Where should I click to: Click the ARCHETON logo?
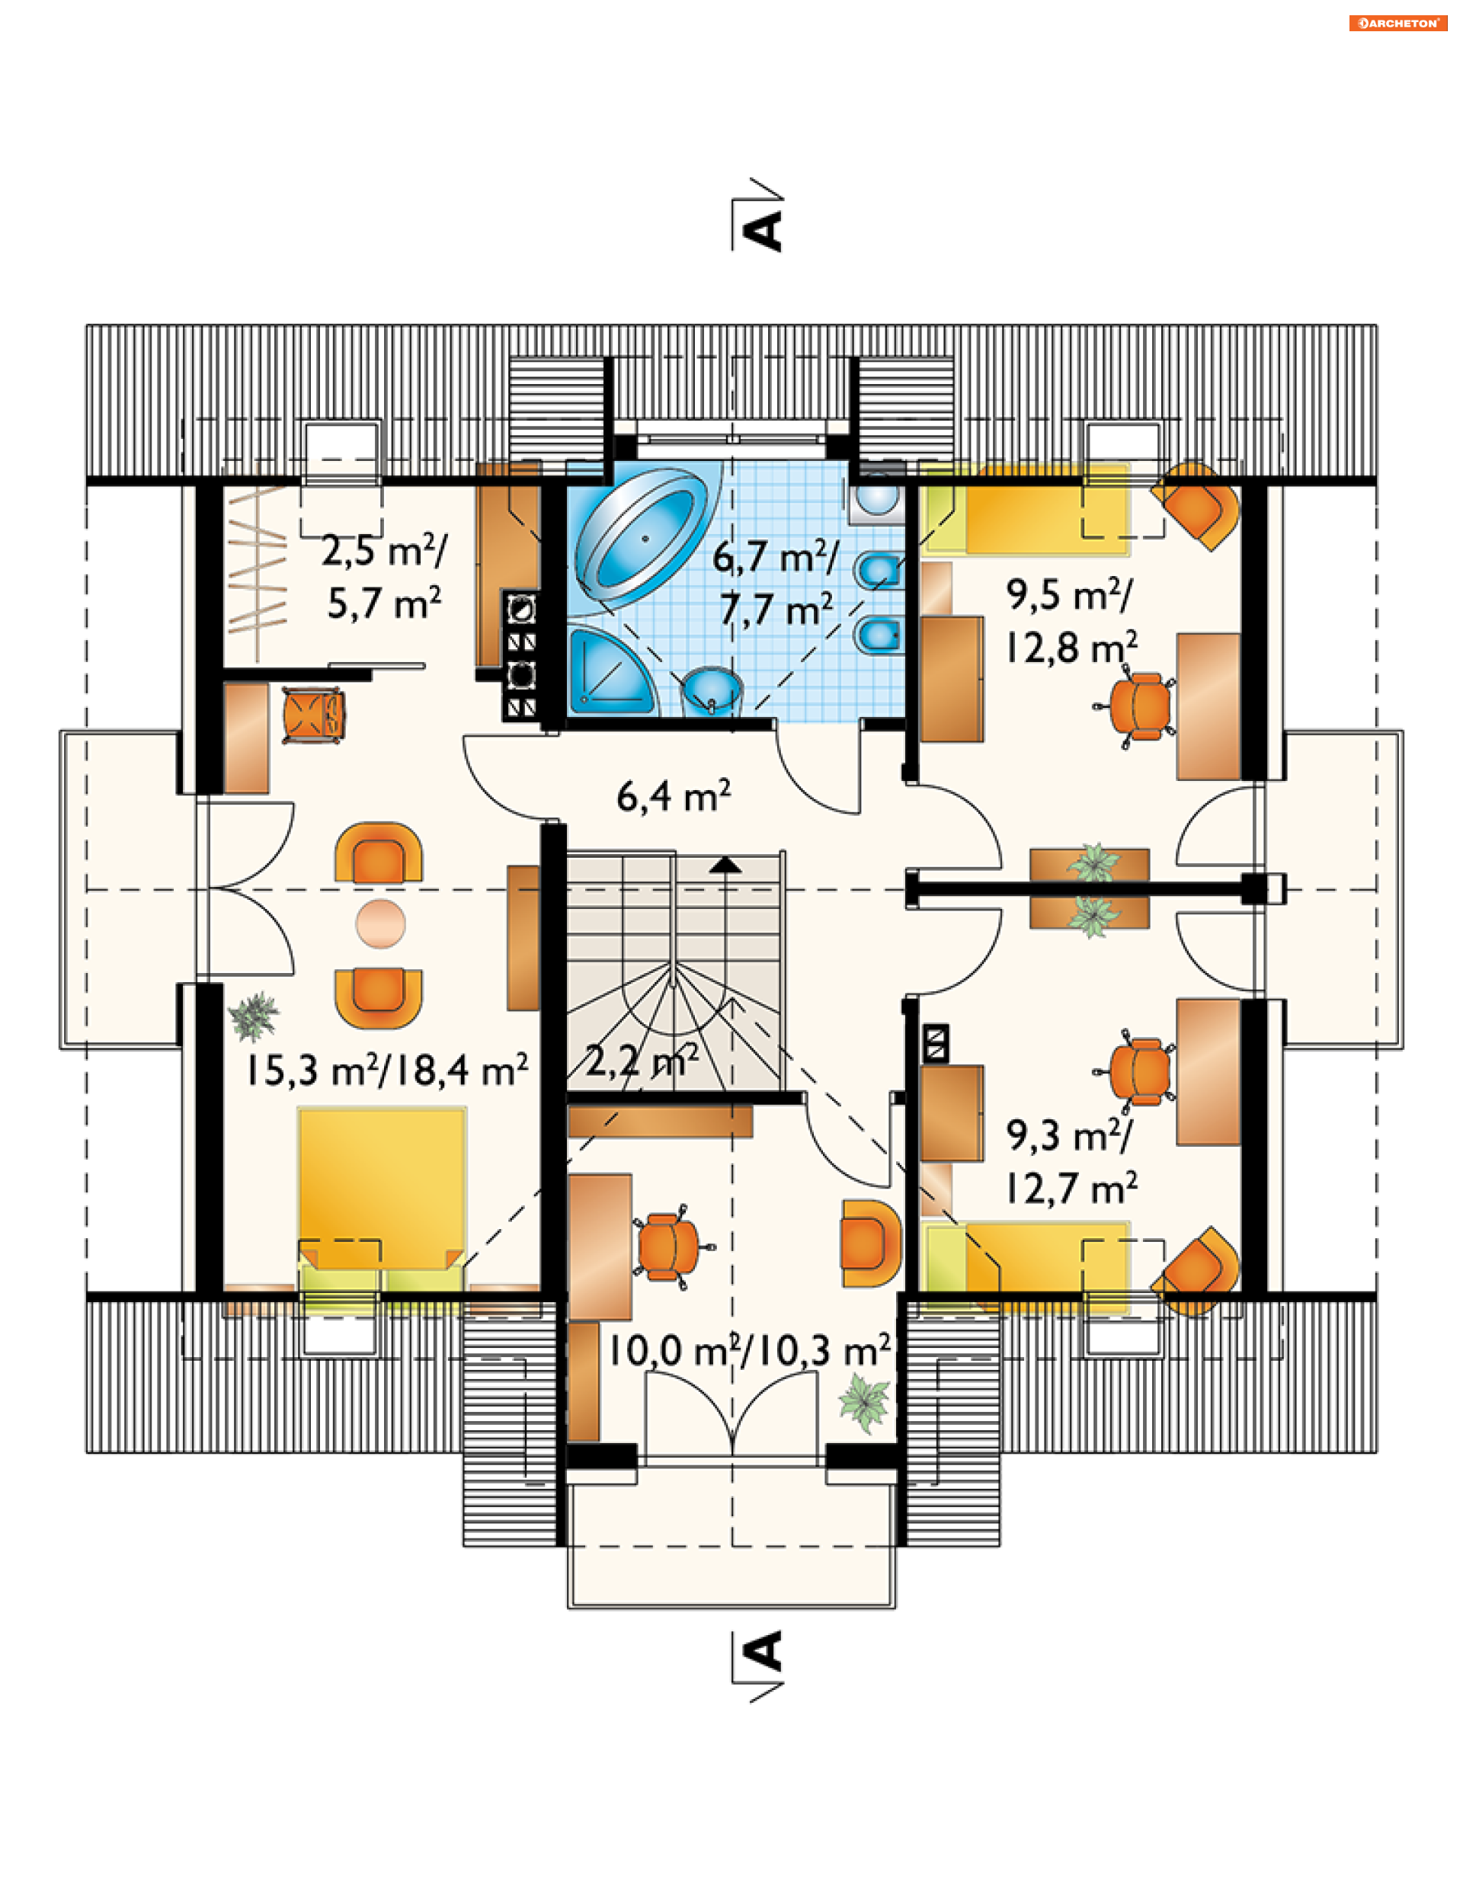tap(1398, 24)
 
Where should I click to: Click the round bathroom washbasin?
tap(712, 690)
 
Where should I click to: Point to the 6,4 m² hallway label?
tap(674, 795)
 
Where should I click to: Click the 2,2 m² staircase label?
tap(642, 1060)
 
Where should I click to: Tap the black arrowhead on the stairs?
tap(725, 864)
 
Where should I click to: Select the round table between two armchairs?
tap(380, 923)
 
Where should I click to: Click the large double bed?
tap(382, 1198)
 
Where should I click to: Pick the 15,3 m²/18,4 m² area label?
tap(387, 1070)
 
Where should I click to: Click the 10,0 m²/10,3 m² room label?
tap(750, 1350)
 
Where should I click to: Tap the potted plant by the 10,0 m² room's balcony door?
tap(864, 1403)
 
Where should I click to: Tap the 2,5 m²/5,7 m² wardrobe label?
tap(384, 577)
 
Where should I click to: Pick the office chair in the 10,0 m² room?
tap(671, 1246)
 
